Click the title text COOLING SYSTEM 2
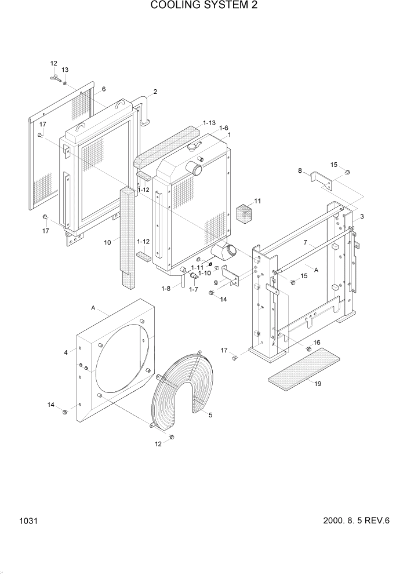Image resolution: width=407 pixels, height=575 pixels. point(203,6)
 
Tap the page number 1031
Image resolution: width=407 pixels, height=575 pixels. point(27,521)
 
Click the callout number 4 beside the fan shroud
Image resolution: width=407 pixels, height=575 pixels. point(66,352)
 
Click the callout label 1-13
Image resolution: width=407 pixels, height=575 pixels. point(209,123)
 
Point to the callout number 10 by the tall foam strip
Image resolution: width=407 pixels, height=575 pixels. point(107,242)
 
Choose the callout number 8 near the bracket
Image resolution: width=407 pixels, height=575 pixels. point(300,170)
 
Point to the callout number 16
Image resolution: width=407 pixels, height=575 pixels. point(317,343)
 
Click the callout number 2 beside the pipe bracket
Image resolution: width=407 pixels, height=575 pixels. point(155,92)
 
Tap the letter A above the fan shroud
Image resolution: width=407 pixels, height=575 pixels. point(93,308)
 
